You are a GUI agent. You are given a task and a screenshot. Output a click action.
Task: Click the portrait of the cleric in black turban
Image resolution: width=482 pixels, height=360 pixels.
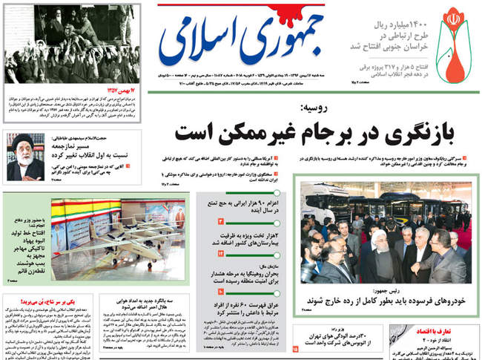point(24,157)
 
